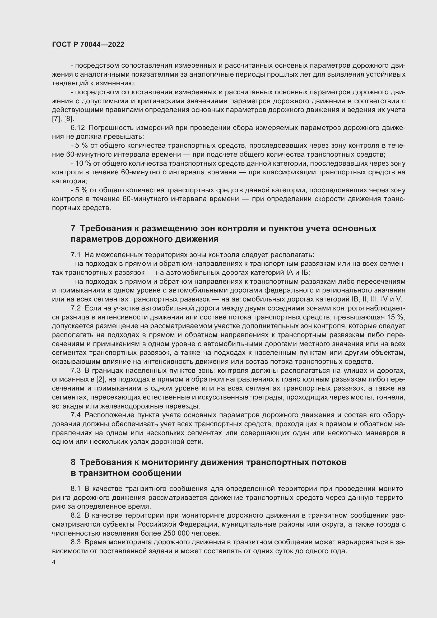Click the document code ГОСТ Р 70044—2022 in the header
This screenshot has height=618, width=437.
(x=88, y=45)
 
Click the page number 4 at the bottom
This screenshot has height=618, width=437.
(x=54, y=562)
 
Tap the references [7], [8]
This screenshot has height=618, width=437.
(x=63, y=119)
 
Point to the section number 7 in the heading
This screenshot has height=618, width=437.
(x=73, y=229)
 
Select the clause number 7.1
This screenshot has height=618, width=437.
(x=76, y=255)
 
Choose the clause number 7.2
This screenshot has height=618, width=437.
(x=76, y=308)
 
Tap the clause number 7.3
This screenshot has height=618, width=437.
(x=76, y=371)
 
